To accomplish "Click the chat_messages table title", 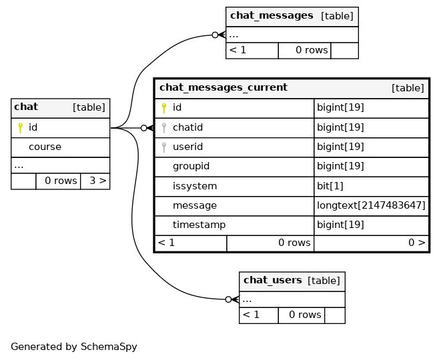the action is point(272,16).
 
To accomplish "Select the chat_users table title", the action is point(272,280).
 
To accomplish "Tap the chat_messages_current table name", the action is point(224,88).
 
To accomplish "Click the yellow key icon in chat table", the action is point(20,128).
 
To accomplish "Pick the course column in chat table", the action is point(45,147).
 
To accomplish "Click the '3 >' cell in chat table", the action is point(98,181).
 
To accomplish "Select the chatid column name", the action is point(187,127).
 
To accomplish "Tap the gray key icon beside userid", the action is point(164,147).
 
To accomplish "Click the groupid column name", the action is point(191,167).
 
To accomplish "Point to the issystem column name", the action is point(195,186).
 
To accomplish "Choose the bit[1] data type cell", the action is point(330,186).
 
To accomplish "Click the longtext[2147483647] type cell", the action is point(371,205).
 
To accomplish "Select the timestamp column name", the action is point(199,225).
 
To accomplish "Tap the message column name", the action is point(195,206).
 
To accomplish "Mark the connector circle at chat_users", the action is point(228,299).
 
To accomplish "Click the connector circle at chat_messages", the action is point(215,35).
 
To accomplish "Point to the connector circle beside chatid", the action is point(143,128).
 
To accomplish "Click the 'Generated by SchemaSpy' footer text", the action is point(74,347).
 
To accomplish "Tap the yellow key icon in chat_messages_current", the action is point(164,108).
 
